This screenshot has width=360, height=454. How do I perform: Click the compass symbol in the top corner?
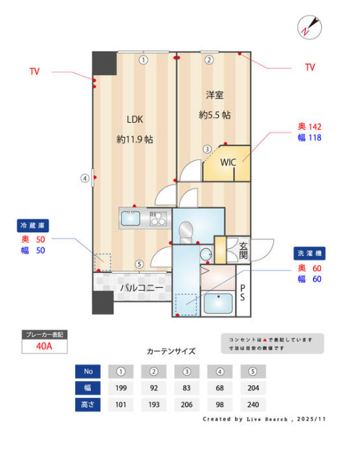308,27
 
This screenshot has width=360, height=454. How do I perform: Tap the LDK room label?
135,119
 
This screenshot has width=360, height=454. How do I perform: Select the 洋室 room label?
214,94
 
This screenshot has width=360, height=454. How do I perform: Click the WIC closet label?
227,162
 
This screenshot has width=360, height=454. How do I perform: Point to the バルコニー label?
141,288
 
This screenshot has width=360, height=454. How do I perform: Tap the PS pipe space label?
243,293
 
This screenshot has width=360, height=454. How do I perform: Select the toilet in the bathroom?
186,231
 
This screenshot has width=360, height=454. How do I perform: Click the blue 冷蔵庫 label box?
33,226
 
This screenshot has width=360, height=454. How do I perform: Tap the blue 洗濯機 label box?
309,253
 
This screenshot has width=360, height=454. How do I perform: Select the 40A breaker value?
44,347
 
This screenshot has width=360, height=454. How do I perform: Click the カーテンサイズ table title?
170,351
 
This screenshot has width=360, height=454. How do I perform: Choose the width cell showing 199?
121,388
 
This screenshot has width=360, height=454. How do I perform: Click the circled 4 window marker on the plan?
84,178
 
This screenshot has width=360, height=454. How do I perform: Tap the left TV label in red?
35,72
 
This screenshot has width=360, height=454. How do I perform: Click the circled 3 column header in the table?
187,371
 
